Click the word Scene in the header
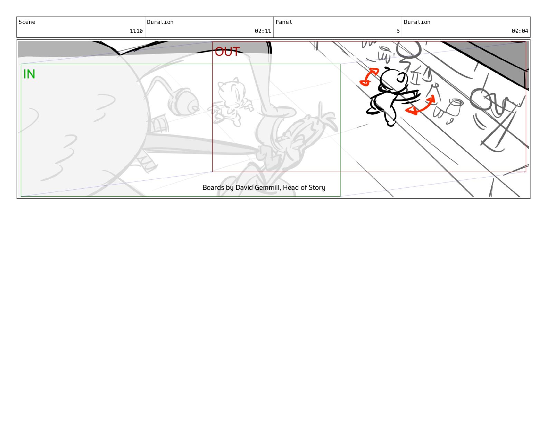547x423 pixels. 27,22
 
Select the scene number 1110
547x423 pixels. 136,31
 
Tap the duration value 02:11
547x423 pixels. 263,31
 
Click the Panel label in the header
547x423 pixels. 284,22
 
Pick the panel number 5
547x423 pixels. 398,31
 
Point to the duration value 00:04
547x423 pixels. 520,31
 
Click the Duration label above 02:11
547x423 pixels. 160,22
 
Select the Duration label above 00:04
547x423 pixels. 417,22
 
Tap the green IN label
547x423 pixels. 29,74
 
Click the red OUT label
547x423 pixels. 227,51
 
